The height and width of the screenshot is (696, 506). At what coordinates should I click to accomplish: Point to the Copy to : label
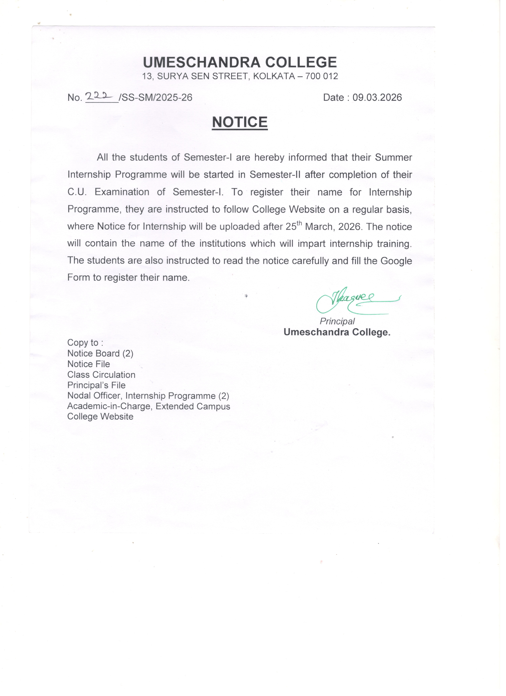(85, 343)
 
